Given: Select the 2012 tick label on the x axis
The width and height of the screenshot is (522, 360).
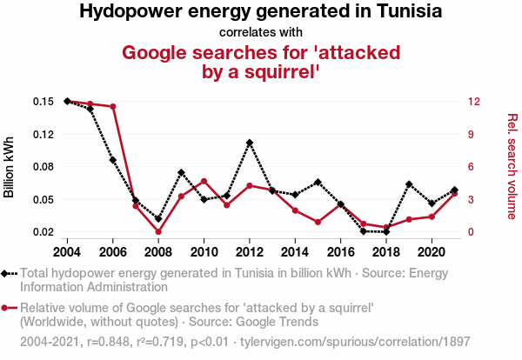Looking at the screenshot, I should tap(250, 252).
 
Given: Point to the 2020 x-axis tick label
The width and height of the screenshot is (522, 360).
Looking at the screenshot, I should tap(432, 252).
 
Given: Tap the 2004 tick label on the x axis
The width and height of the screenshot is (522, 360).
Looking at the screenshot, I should tap(68, 252).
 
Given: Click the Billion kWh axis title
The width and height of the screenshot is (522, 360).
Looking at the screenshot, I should tap(10, 167).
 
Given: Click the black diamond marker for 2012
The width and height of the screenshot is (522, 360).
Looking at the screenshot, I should tap(250, 143).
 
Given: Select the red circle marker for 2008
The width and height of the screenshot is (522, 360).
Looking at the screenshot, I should tap(158, 231).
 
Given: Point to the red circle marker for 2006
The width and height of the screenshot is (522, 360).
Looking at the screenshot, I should tap(113, 107).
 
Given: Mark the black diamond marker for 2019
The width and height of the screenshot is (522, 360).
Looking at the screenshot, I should tap(409, 184).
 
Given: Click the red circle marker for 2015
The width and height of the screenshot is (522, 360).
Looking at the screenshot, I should tap(318, 222).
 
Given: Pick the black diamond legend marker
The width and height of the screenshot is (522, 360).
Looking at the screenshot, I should tap(8, 273).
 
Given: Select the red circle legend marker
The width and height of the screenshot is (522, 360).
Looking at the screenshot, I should tap(8, 308).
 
